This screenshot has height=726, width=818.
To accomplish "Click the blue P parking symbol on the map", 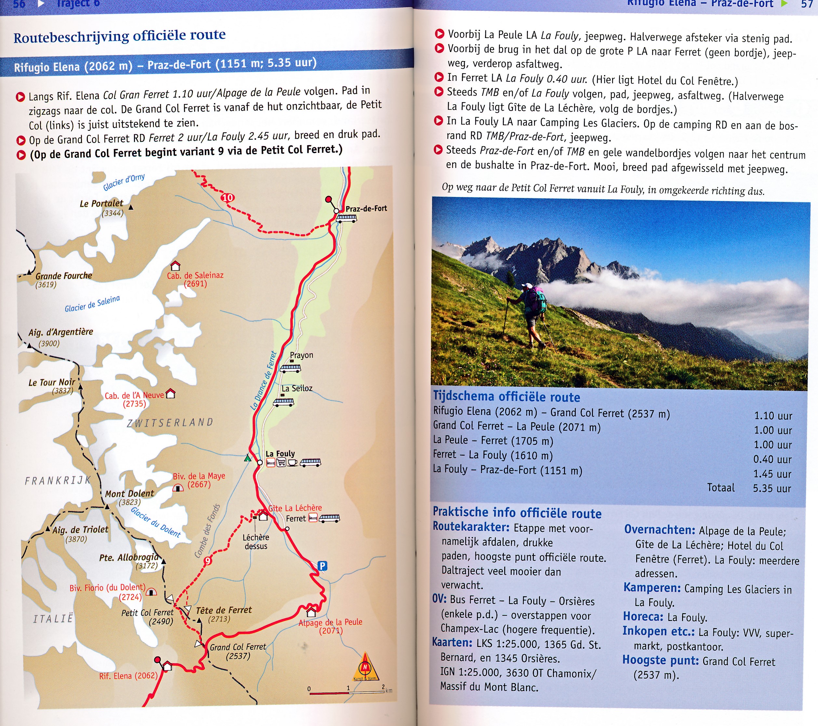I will click(x=322, y=566).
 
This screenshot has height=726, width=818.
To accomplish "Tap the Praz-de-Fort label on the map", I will click(x=366, y=208).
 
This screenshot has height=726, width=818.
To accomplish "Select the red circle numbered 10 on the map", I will click(x=227, y=198).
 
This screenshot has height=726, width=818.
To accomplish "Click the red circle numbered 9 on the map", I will click(x=208, y=561).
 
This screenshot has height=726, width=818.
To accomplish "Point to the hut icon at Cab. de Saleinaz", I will click(x=175, y=266).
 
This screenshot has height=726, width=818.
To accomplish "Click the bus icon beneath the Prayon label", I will click(x=290, y=368).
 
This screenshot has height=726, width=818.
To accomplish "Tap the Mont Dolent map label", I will click(x=129, y=494).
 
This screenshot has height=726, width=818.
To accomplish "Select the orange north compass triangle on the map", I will click(x=365, y=667).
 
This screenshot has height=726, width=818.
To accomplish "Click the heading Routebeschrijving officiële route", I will click(x=119, y=36).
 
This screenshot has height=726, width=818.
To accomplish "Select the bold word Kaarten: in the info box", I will click(x=452, y=642).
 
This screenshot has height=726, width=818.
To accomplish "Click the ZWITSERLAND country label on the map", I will click(x=170, y=422).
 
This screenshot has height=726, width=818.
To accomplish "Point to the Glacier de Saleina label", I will click(x=92, y=304).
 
